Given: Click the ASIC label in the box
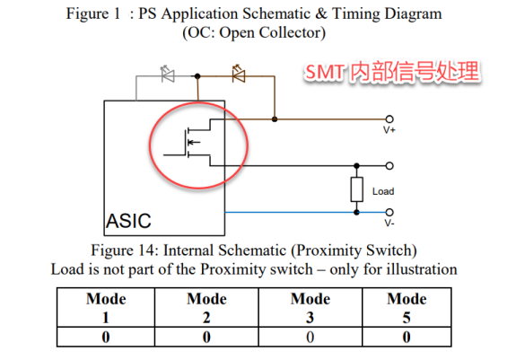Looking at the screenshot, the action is point(128,221).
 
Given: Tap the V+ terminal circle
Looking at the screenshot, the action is point(389,119).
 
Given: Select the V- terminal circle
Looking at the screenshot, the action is point(389,212).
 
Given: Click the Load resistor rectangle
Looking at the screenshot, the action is point(357,189).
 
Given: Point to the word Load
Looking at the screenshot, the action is point(383,191).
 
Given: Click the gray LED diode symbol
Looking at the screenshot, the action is point(168,75).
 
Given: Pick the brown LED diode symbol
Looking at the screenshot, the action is point(239,74).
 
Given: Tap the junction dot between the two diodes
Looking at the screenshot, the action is point(197,76).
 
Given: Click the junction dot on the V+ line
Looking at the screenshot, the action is point(275,119).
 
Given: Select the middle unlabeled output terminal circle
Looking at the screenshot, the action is point(389,165).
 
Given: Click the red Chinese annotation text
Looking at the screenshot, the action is point(391,72).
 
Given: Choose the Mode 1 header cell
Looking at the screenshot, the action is point(106,308).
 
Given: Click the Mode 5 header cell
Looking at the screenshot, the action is point(407,308).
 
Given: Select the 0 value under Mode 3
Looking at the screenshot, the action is point(310,338).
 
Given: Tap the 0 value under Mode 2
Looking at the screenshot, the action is point(206,338).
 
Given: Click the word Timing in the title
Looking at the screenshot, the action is point(355,14).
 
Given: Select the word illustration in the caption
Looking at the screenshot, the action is point(422,269).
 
